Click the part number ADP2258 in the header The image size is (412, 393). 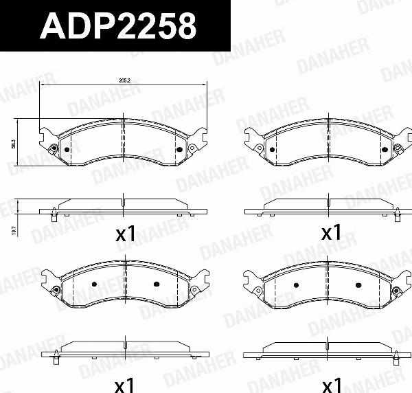click(x=119, y=27)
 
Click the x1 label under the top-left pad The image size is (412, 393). click(x=125, y=234)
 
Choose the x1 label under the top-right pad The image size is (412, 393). click(x=332, y=233)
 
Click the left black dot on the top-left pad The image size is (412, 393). click(x=67, y=150)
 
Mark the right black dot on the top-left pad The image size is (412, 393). click(x=180, y=149)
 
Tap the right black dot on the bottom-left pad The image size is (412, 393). click(x=156, y=284)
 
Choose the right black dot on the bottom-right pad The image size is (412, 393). click(x=358, y=284)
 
